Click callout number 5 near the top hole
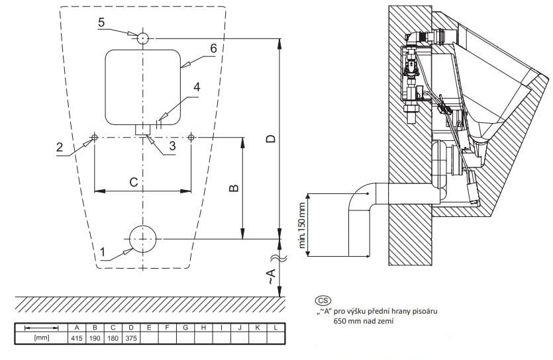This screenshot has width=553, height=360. pos(101,22)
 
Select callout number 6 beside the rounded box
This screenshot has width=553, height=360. pos(213,48)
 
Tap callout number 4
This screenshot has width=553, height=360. pos(197,87)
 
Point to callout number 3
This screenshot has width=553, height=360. pos(172,146)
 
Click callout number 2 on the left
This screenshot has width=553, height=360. pos(60,147)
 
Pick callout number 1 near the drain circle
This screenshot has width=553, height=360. pos(103,252)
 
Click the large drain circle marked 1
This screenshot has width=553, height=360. pos(143,239)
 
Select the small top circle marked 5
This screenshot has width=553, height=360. pos(143,38)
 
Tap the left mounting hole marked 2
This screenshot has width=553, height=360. pos(95,137)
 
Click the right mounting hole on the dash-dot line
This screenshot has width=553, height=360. pos(191,137)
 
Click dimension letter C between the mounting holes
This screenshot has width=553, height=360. pos(133,182)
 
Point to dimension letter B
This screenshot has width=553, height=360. pos(234,188)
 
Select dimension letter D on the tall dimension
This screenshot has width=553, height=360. pos(270,139)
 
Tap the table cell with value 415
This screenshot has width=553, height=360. pos(77,338)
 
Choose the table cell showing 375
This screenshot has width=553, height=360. pos(131,338)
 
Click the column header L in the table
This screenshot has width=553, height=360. pos(276,328)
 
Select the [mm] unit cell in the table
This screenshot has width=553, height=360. pos(42,337)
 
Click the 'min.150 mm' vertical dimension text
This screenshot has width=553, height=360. pos(302,226)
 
